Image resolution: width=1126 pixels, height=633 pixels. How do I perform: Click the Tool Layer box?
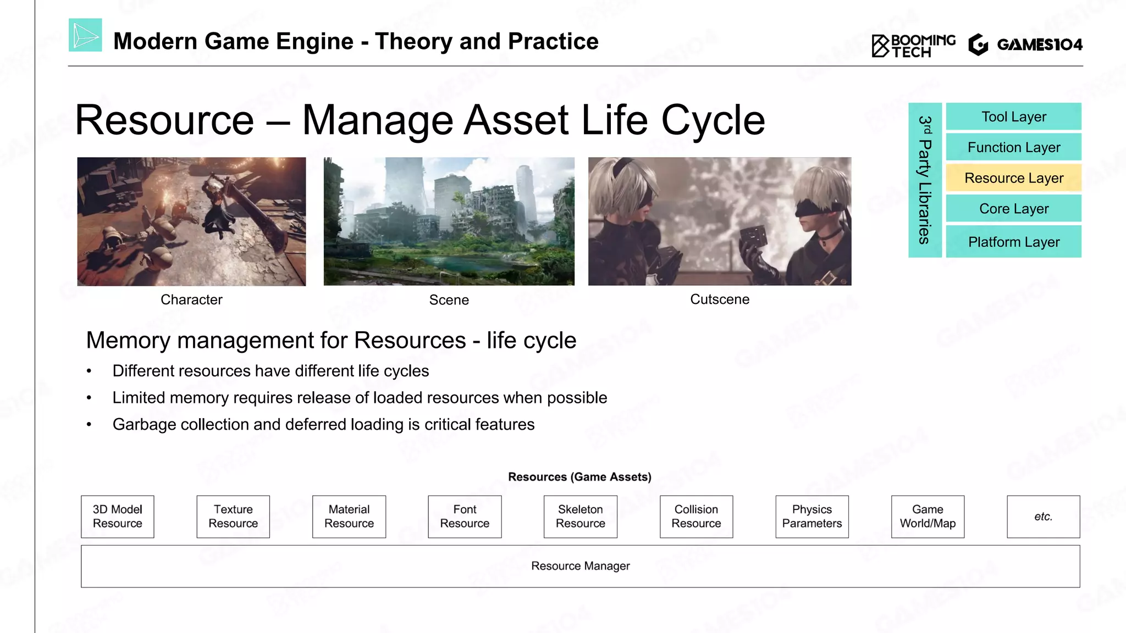pos(1013,116)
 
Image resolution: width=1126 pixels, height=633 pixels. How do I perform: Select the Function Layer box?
pos(1013,147)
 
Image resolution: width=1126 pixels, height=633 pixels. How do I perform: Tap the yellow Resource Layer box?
pos(1013,178)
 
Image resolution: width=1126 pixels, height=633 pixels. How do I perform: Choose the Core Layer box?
pos(1013,209)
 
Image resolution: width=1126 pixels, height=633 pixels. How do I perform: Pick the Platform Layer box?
pos(1013,242)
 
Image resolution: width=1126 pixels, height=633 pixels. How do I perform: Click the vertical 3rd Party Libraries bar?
pos(925,180)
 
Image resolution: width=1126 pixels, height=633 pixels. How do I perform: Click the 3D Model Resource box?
pos(117,517)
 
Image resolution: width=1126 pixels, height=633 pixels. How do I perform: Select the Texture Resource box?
pos(233,517)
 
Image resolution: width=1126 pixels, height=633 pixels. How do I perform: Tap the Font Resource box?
pos(465,517)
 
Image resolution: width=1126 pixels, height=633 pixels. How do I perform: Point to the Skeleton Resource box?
pos(580,517)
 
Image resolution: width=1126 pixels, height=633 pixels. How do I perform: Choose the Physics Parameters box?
pos(812,517)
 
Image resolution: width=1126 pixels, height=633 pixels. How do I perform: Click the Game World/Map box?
pos(928,517)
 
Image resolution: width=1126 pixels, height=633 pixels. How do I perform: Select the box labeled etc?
pos(1043,517)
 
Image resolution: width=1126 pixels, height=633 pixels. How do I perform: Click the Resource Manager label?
pos(580,566)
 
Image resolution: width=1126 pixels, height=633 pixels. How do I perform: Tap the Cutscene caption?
pos(719,299)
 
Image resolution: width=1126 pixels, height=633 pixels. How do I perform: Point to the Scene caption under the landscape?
pos(449,300)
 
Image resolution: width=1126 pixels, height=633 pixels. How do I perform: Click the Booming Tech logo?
pos(913,46)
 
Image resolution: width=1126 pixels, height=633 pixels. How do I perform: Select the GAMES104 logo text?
pos(1039,45)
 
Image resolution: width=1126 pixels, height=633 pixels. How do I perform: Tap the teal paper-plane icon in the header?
pos(85,35)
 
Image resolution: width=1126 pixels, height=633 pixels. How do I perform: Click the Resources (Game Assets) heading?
pos(579,477)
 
